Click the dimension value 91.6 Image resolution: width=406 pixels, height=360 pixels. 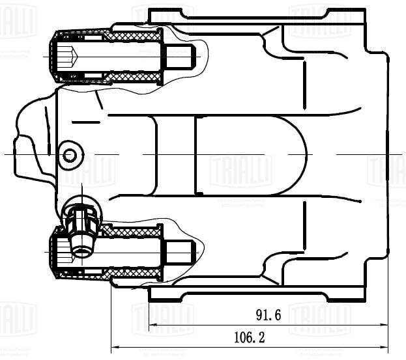click(268, 316)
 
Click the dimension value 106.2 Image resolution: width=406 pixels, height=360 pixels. click(249, 338)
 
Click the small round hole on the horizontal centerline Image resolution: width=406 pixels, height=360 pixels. click(70, 155)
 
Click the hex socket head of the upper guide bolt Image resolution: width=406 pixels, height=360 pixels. click(65, 57)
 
